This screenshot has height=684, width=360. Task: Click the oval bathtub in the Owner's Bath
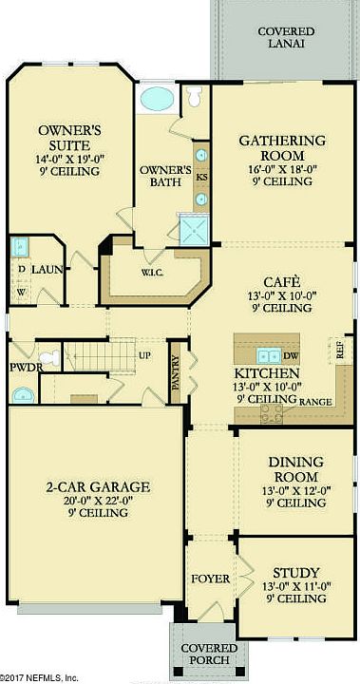coord(157,99)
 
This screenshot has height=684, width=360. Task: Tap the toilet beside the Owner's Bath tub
coord(194,95)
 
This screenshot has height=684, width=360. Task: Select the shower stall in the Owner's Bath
coord(194,230)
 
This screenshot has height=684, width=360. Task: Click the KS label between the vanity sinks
coord(201,178)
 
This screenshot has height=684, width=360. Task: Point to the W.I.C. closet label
coord(152,273)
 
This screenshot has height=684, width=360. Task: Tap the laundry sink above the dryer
coord(19,247)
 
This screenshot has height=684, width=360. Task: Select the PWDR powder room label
coord(27,368)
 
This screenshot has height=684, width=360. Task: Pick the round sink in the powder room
coord(25,395)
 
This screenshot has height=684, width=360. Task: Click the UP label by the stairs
coord(144,355)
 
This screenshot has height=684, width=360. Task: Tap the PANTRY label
coord(176,373)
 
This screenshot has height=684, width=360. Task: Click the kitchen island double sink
coord(269,356)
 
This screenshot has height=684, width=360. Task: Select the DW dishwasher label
coord(291,356)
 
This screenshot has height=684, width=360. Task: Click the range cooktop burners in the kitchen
coord(271,414)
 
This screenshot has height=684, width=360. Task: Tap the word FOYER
coord(211,579)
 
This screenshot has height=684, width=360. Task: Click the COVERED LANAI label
coord(286,37)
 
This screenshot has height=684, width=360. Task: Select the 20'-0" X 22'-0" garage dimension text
coord(98,500)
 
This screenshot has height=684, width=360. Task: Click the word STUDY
coord(296,572)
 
